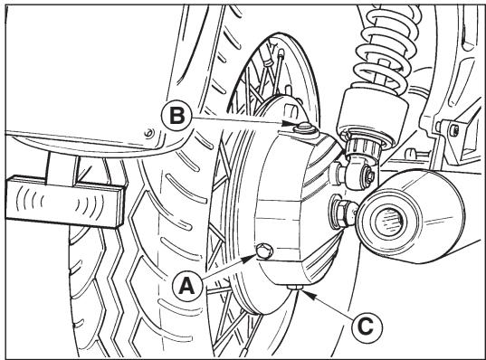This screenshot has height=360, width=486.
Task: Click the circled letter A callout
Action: click(x=187, y=286)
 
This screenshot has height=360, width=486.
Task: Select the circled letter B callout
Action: click(x=176, y=116)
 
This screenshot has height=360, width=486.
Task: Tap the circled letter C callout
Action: click(x=367, y=326)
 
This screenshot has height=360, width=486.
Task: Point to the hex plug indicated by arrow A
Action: click(x=264, y=251)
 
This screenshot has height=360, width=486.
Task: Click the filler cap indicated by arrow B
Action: click(x=305, y=128)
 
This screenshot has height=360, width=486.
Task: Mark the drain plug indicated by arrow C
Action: click(x=295, y=288)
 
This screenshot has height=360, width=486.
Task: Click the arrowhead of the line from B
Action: click(x=286, y=123)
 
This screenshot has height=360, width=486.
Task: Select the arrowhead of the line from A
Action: click(x=250, y=259)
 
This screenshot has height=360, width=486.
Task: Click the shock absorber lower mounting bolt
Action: click(x=369, y=176)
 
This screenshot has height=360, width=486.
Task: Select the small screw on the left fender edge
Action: click(x=149, y=133)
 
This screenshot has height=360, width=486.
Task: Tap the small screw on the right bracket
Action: click(x=454, y=130)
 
